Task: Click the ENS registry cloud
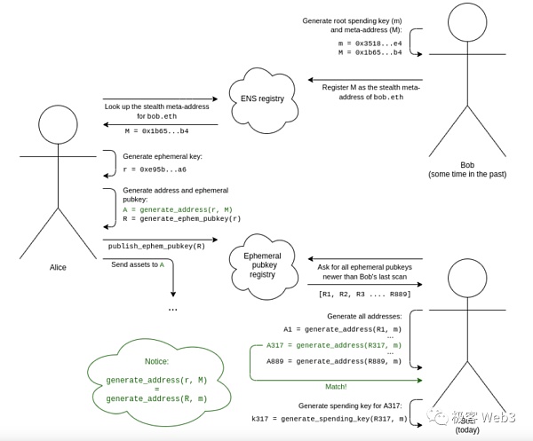point(262,98)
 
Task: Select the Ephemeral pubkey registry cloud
point(262,263)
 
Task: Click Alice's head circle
point(58,125)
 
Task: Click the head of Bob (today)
point(467,279)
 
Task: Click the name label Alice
point(58,267)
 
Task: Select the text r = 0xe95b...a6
point(155,169)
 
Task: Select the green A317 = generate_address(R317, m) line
point(334,345)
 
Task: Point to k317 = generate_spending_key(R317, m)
point(330,418)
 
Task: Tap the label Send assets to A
point(138,264)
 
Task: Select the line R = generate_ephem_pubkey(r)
point(181,218)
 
